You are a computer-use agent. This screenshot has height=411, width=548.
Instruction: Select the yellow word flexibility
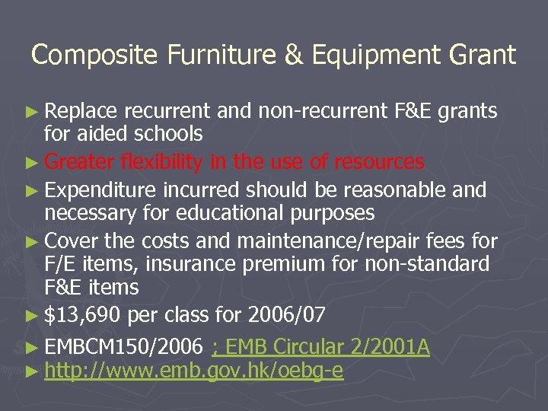coord(161,161)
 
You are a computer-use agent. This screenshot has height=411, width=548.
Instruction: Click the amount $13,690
coord(84,314)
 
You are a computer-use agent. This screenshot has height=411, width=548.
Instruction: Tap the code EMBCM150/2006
coord(124,348)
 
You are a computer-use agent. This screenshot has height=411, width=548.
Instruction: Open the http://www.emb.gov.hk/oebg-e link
coord(194,371)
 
